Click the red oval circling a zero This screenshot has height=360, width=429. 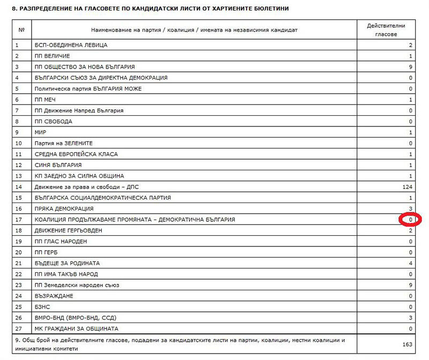pos(411,220)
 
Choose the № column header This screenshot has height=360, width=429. pos(21,30)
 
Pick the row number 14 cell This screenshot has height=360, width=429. pos(21,187)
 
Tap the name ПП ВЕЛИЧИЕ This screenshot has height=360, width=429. pos(52,56)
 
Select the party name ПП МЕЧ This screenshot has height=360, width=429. pos(45,100)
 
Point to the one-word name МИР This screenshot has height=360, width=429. pos(41,132)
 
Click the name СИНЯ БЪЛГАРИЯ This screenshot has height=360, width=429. pos(58,165)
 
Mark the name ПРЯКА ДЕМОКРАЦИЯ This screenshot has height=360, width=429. pos(64,208)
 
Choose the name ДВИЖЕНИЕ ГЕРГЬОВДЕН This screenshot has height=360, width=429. pos(68,230)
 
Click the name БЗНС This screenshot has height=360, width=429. pos(42,306)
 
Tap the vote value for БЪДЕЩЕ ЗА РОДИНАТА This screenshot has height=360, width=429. pos(410,263)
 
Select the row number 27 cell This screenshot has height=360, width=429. pos(21,328)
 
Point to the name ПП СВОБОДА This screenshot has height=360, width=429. pos(52,121)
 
